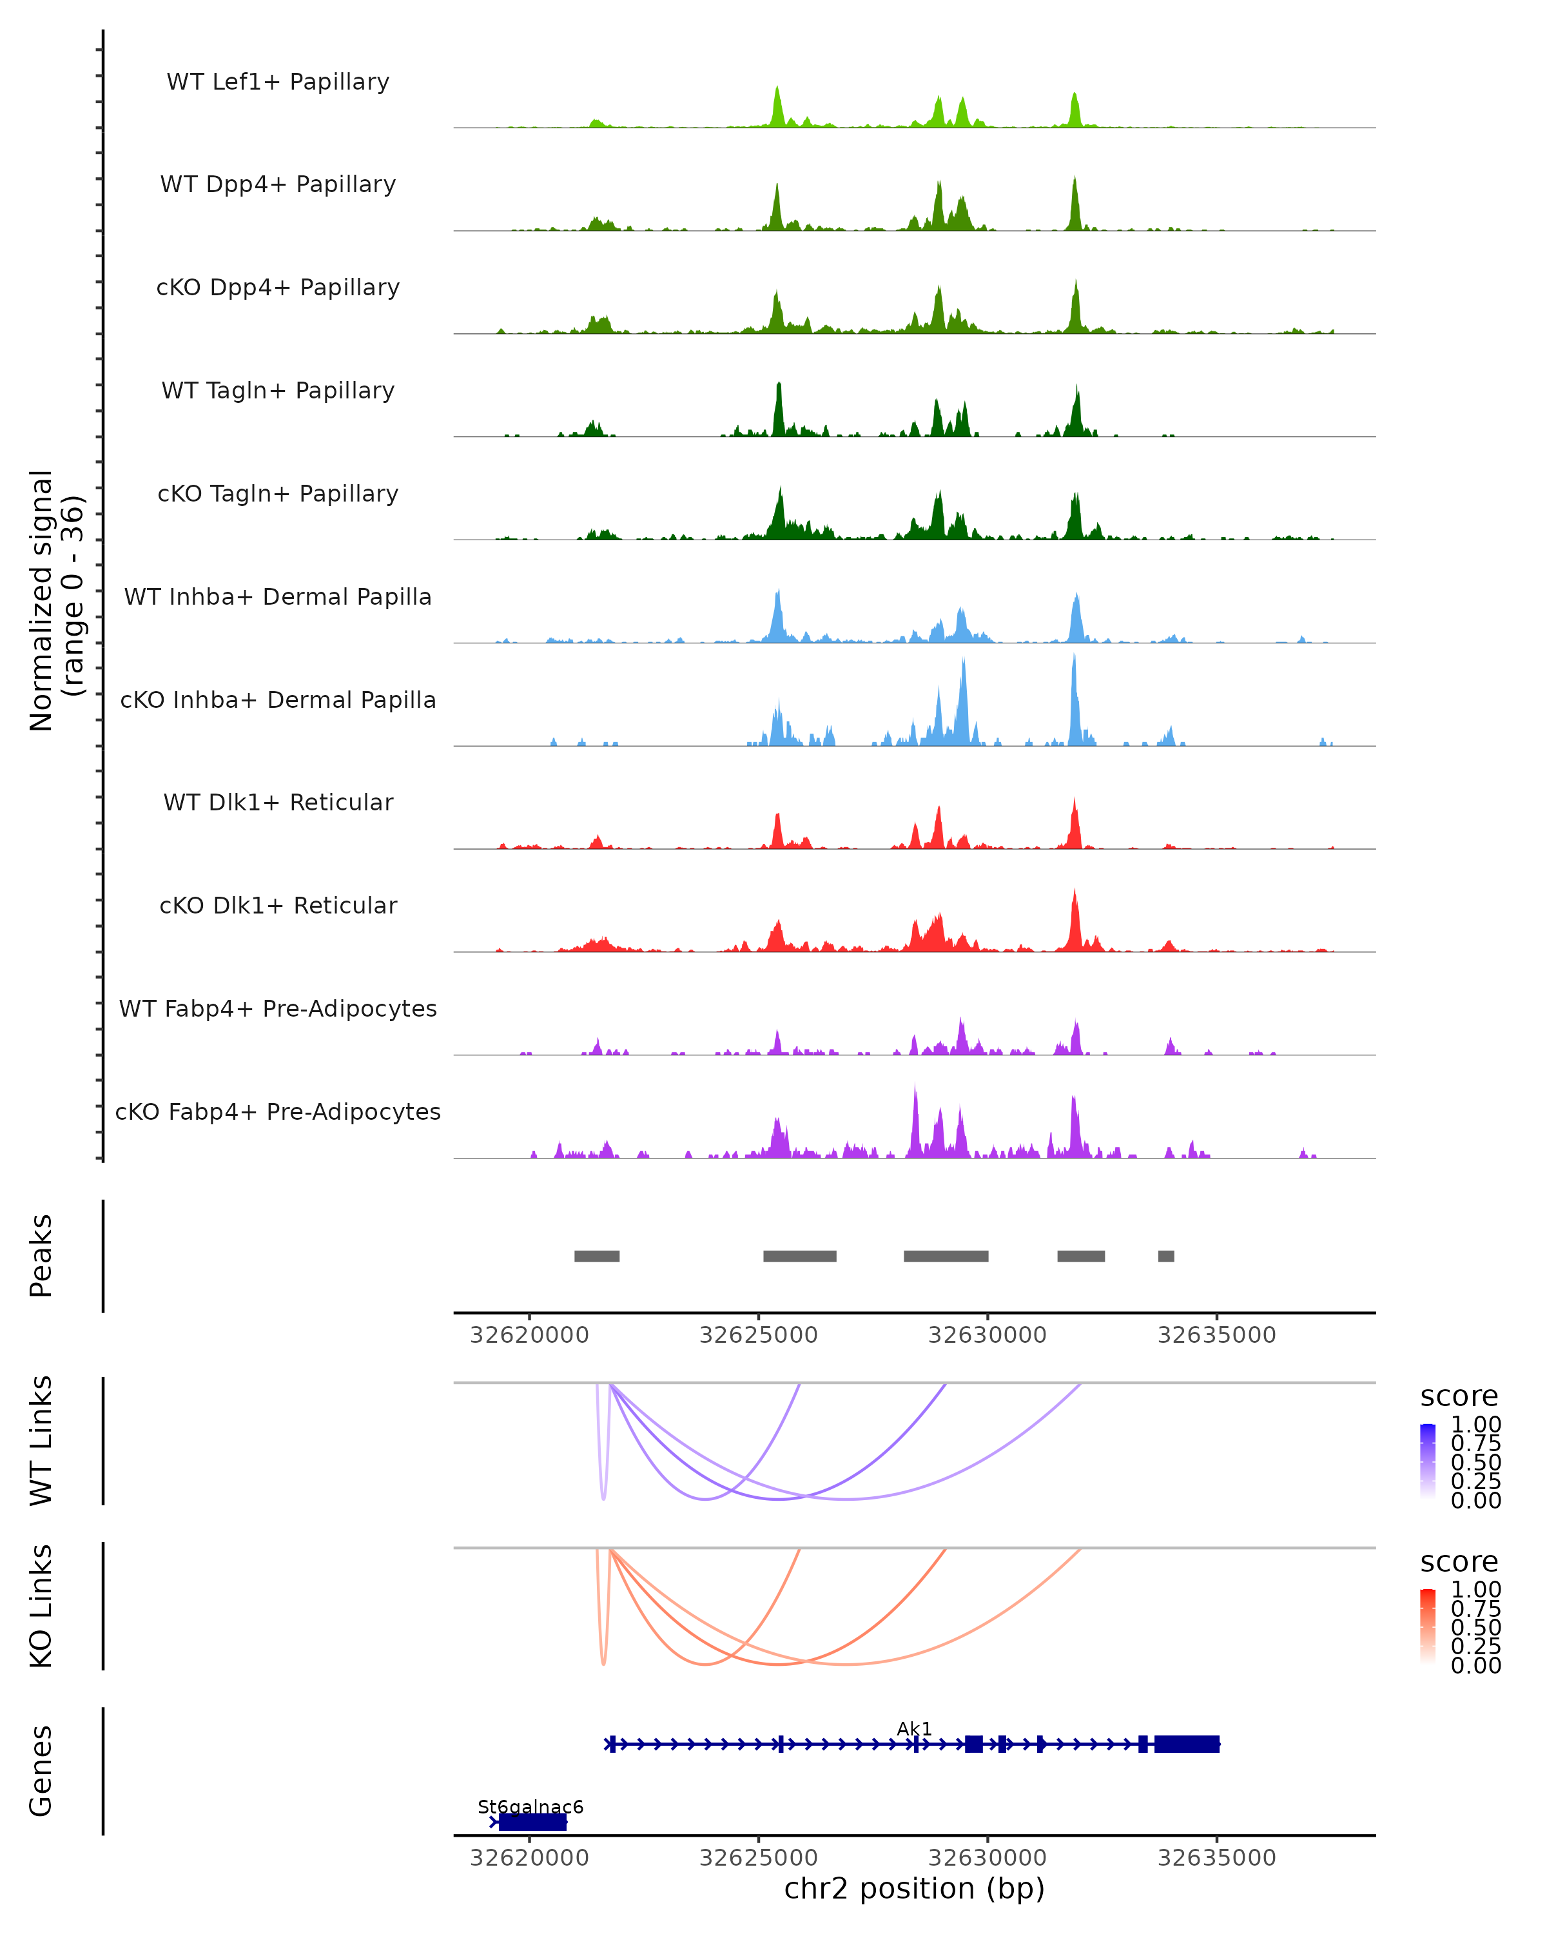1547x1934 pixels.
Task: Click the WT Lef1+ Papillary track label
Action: coord(278,82)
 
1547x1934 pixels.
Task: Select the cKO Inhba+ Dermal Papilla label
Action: coord(278,699)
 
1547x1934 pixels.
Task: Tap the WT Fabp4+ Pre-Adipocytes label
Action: coord(278,1008)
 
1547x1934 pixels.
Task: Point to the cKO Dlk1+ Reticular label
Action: coord(278,905)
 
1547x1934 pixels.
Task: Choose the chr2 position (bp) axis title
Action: coord(914,1888)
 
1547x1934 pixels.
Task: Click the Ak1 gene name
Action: coord(914,1728)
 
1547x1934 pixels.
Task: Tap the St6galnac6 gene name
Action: coord(530,1806)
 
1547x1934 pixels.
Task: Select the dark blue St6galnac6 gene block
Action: coord(532,1822)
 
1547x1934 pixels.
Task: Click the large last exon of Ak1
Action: coord(1187,1744)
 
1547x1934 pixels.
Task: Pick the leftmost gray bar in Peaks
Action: coord(596,1256)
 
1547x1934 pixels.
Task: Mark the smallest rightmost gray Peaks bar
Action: coord(1166,1256)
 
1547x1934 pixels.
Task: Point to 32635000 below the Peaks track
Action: coord(1216,1335)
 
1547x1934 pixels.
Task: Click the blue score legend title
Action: coord(1459,1397)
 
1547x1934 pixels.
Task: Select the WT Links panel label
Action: coord(41,1441)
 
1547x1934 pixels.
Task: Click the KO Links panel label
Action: coord(41,1606)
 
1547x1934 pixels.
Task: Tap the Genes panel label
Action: coord(41,1771)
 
